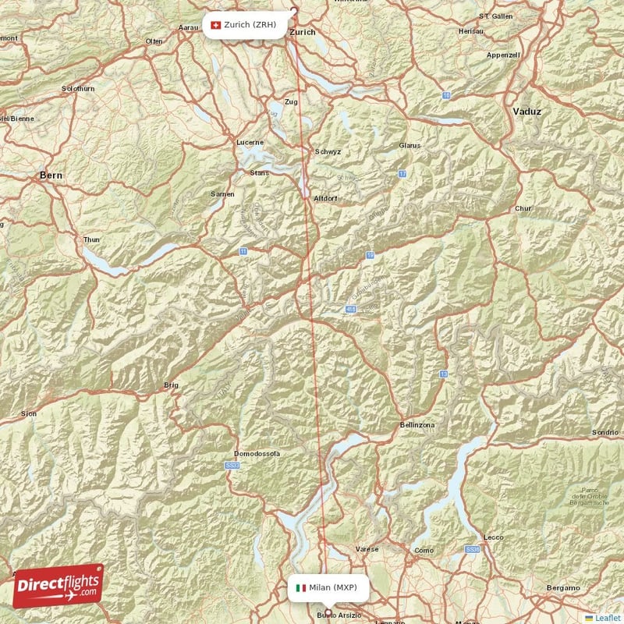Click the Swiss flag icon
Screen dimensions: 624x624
click(x=215, y=25)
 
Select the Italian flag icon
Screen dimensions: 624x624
click(x=300, y=587)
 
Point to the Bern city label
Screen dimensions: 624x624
click(x=51, y=176)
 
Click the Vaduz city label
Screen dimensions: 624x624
click(x=526, y=112)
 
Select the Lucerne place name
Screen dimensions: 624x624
click(x=250, y=143)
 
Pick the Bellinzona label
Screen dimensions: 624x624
click(x=417, y=424)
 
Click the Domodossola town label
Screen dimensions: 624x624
click(x=257, y=454)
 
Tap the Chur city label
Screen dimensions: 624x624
click(x=523, y=209)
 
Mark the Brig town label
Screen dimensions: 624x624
click(x=171, y=385)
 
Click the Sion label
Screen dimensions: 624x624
click(x=28, y=413)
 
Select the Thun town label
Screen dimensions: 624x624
click(x=91, y=239)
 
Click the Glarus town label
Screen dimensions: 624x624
click(x=409, y=146)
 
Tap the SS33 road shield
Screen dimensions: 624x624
click(x=232, y=466)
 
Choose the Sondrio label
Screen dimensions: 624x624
click(x=604, y=432)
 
